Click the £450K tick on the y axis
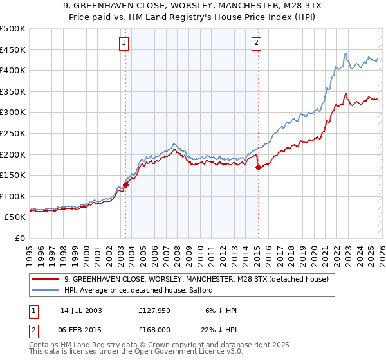[x=13, y=50]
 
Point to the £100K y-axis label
[x=13, y=196]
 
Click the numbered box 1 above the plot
[x=124, y=43]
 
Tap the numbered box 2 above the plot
[x=256, y=43]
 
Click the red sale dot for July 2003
[x=126, y=184]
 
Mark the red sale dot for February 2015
[x=258, y=168]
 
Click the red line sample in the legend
[x=46, y=279]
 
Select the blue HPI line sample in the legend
[x=46, y=290]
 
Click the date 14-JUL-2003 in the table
[x=81, y=310]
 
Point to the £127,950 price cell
[x=154, y=310]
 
